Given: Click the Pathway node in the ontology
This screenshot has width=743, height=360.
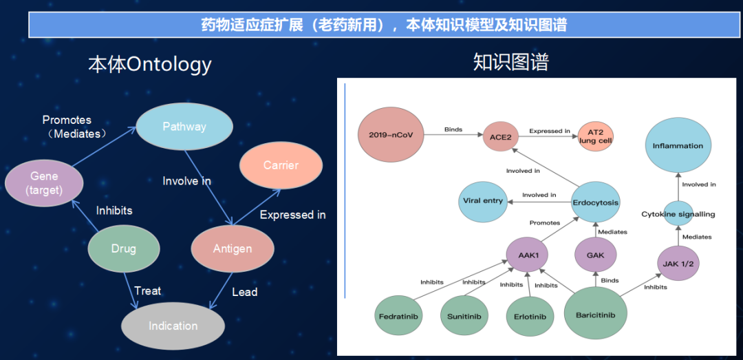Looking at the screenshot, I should pyautogui.click(x=184, y=127).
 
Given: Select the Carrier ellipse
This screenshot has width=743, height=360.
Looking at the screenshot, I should pyautogui.click(x=281, y=165).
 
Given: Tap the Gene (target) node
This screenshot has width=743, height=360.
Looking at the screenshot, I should pyautogui.click(x=44, y=183).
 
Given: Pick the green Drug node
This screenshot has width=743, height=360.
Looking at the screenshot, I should pyautogui.click(x=124, y=248).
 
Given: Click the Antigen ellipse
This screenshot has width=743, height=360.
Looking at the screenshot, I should pyautogui.click(x=233, y=248).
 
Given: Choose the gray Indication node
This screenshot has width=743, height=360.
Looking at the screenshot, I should pyautogui.click(x=173, y=326).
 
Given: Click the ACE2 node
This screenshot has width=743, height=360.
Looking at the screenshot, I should pyautogui.click(x=500, y=136).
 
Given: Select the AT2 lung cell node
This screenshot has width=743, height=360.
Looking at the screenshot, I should pyautogui.click(x=595, y=136).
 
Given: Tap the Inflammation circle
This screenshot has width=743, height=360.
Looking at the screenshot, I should pyautogui.click(x=678, y=146).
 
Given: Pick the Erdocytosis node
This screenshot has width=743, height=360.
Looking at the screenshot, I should pyautogui.click(x=596, y=202).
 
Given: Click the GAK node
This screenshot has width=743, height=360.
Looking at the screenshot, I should pyautogui.click(x=596, y=255).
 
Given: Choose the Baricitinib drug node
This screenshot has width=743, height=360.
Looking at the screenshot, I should pyautogui.click(x=595, y=315).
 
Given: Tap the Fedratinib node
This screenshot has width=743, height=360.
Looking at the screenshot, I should pyautogui.click(x=400, y=317).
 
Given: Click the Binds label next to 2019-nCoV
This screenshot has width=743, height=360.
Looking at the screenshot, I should pyautogui.click(x=453, y=129).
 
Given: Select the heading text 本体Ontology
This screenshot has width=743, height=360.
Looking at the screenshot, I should pyautogui.click(x=149, y=64).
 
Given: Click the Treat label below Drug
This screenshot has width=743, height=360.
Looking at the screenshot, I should pyautogui.click(x=147, y=290).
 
